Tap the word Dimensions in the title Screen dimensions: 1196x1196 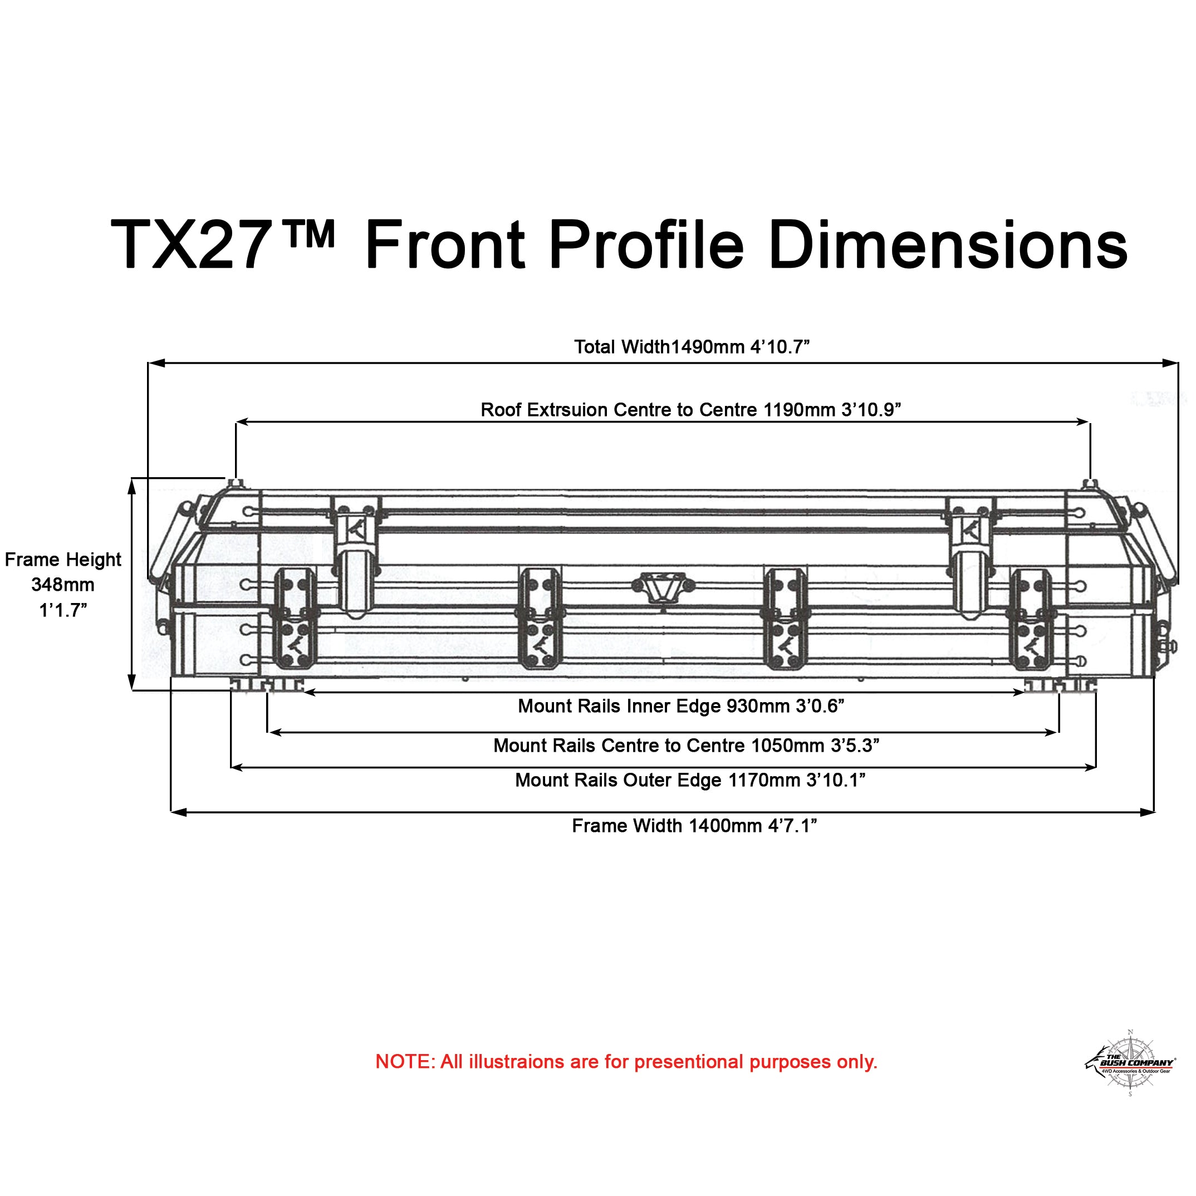tap(947, 245)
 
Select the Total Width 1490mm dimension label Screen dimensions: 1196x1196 tap(692, 347)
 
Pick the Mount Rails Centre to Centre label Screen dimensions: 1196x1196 tap(686, 746)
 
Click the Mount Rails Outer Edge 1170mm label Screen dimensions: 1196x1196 tap(690, 780)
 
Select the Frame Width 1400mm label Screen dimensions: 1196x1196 tap(694, 826)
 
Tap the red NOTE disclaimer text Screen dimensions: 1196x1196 tap(626, 1062)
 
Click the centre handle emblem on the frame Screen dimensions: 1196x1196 tap(663, 587)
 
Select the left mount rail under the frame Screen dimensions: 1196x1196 tap(266, 685)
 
